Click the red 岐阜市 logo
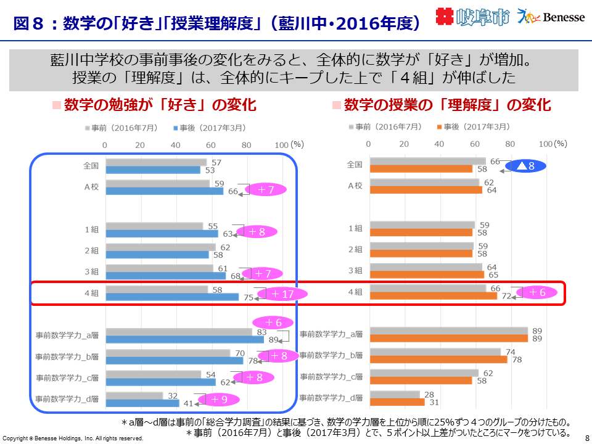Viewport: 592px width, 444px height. pyautogui.click(x=473, y=17)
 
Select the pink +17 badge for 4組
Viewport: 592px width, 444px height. pyautogui.click(x=282, y=294)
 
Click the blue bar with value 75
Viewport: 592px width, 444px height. pyautogui.click(x=172, y=297)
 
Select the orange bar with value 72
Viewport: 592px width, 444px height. pyautogui.click(x=433, y=296)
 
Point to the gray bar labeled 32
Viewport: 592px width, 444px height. pyautogui.click(x=134, y=395)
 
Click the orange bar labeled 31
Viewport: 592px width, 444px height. pyautogui.click(x=397, y=402)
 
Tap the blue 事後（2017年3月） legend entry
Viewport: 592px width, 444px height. pyautogui.click(x=210, y=128)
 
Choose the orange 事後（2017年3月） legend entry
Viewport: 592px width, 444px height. pyautogui.click(x=474, y=126)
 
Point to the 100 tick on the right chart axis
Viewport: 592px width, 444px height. pyautogui.click(x=545, y=143)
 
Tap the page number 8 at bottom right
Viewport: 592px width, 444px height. pyautogui.click(x=586, y=437)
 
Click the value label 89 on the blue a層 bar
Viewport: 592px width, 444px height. pyautogui.click(x=273, y=340)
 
